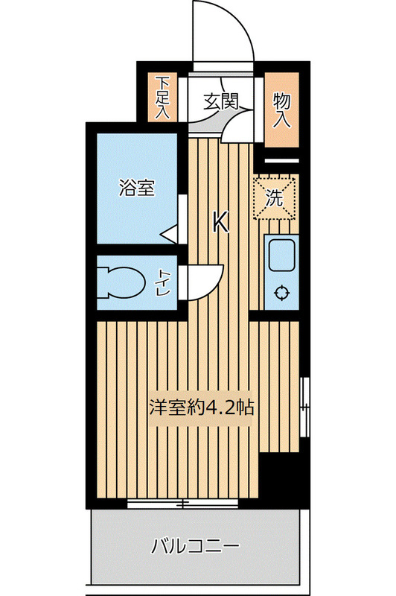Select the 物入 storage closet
(281, 109)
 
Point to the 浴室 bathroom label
(137, 188)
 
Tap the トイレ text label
(163, 284)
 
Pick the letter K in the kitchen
(220, 222)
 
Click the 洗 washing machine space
(275, 198)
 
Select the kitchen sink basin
(282, 256)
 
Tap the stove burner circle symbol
(282, 292)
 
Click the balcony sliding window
(183, 504)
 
